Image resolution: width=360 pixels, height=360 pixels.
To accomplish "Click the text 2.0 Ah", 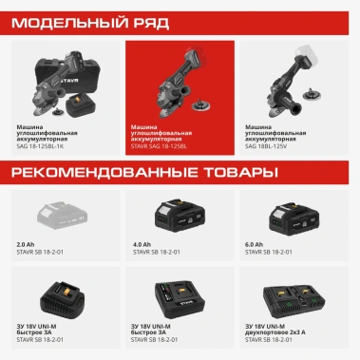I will coord(26,246).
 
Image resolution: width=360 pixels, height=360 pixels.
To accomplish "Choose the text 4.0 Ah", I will coord(142,246).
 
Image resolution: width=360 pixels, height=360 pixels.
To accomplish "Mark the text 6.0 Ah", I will coord(256,246).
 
